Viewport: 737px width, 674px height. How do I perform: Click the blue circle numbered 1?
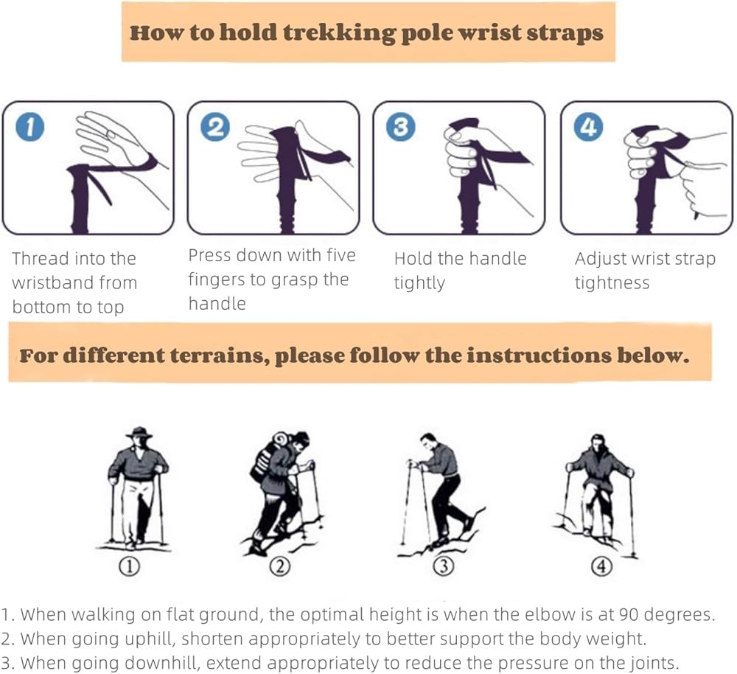pos(30,127)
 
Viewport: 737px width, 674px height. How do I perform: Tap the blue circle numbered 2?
pos(215,127)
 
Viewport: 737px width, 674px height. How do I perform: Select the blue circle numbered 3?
pos(400,127)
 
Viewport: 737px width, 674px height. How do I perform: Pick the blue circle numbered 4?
pos(588,127)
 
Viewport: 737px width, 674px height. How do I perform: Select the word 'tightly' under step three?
pos(419,284)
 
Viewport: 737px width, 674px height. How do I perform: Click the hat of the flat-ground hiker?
pos(139,433)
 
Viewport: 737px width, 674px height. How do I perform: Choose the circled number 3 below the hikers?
pos(443,566)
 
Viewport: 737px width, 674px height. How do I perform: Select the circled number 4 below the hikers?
pos(601,566)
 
